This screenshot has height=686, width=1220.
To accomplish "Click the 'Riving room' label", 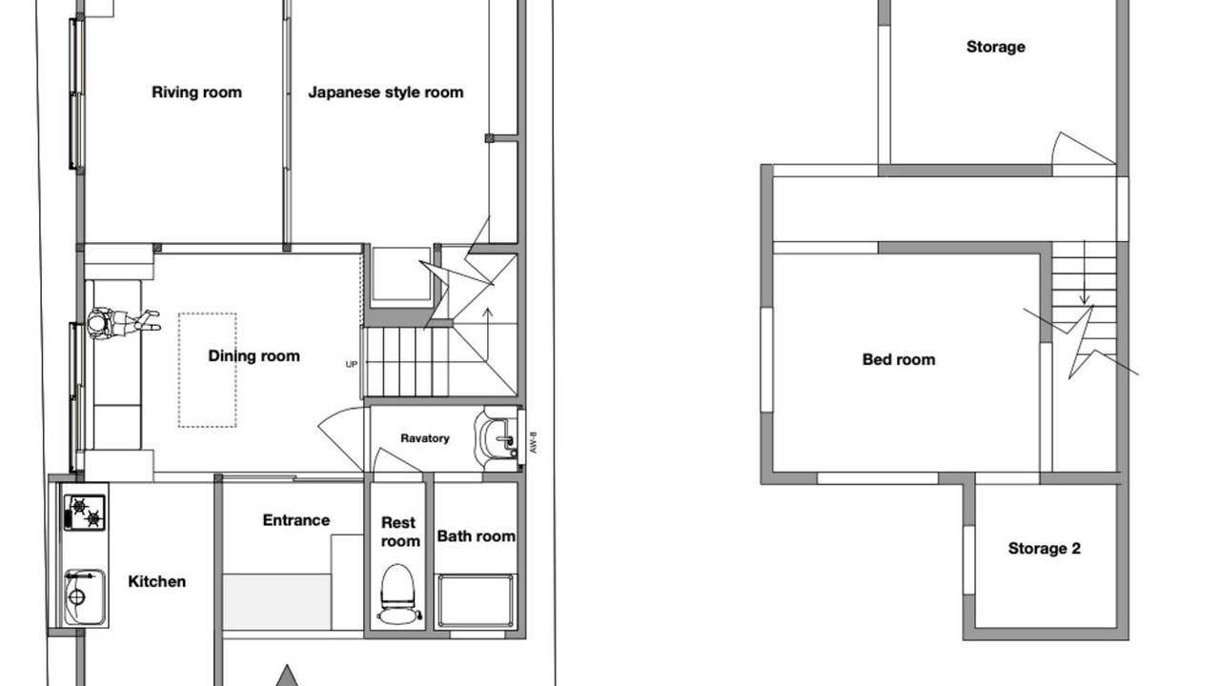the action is [x=196, y=92].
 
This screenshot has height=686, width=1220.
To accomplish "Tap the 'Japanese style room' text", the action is [x=386, y=92].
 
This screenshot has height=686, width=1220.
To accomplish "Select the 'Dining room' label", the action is [x=254, y=356].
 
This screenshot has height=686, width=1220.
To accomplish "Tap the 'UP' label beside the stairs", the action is [x=352, y=364].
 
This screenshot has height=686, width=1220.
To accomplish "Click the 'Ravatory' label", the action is [x=425, y=438].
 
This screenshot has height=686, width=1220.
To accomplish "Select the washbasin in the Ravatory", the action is [x=496, y=438].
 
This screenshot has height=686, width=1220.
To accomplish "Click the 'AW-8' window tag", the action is [x=533, y=442].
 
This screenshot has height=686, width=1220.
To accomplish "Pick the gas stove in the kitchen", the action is [x=85, y=513].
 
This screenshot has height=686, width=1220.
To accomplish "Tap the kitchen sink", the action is [x=85, y=597].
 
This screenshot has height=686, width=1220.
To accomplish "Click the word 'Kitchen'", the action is [x=157, y=581].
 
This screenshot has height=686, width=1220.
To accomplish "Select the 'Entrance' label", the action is [x=296, y=520].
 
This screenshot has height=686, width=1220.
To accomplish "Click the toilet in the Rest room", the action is [x=398, y=594].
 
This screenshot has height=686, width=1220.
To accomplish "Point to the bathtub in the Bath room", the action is [x=476, y=601].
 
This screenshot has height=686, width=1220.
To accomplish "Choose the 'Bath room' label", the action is [x=476, y=536].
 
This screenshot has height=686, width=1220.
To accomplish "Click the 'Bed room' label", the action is [x=899, y=360].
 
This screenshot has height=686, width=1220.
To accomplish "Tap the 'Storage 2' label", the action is [x=1044, y=548].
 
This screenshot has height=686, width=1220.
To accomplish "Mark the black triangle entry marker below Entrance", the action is [x=287, y=676].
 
